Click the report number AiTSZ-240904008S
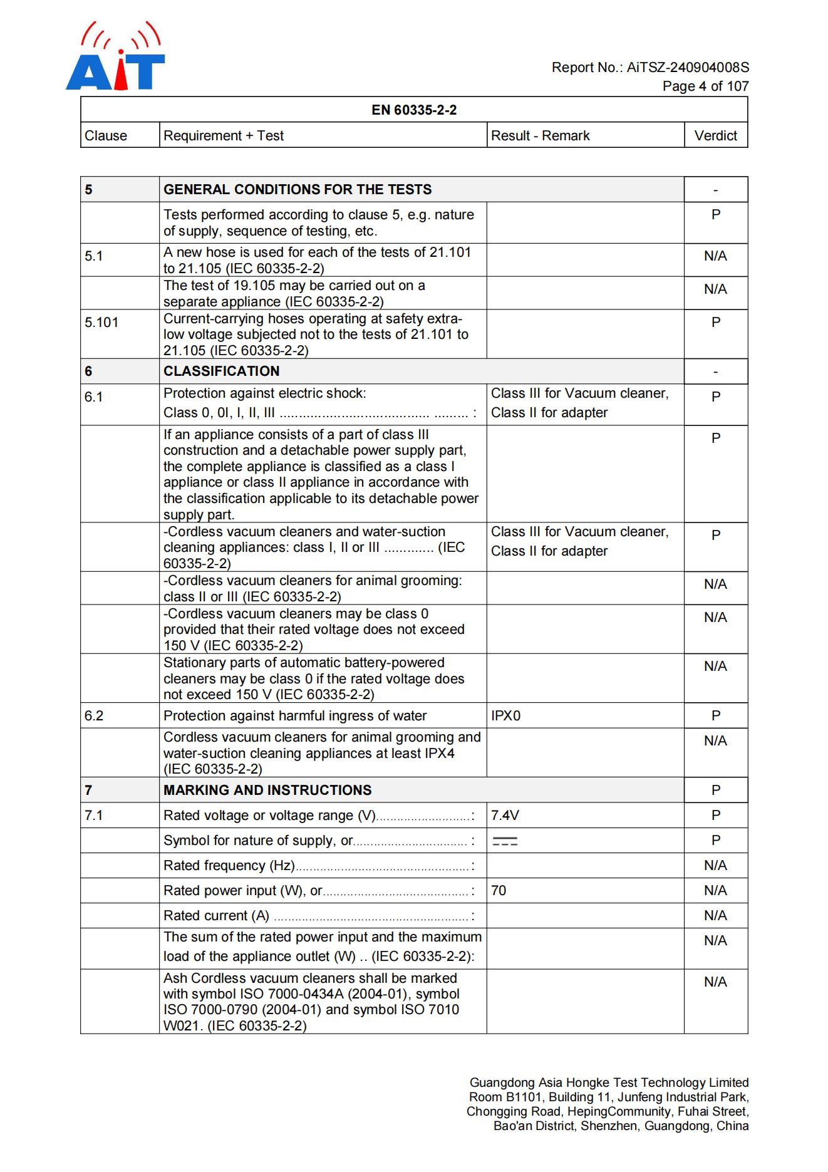pyautogui.click(x=687, y=68)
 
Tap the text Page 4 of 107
pyautogui.click(x=705, y=86)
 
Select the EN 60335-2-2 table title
pyautogui.click(x=414, y=110)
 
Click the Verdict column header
pyautogui.click(x=715, y=136)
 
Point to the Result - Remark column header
pyautogui.click(x=540, y=136)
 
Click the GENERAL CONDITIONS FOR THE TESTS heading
pyautogui.click(x=298, y=190)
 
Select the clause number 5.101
pyautogui.click(x=101, y=323)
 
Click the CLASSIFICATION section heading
pyautogui.click(x=222, y=371)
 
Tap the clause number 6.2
pyautogui.click(x=94, y=716)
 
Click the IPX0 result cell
pyautogui.click(x=505, y=716)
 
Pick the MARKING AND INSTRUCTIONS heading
pyautogui.click(x=267, y=791)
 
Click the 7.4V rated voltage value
pyautogui.click(x=505, y=816)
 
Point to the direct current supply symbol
pyautogui.click(x=505, y=841)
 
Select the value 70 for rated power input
pyautogui.click(x=499, y=891)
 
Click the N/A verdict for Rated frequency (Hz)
pyautogui.click(x=715, y=866)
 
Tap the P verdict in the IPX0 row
pyautogui.click(x=716, y=716)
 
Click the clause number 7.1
pyautogui.click(x=94, y=816)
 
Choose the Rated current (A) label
pyautogui.click(x=216, y=916)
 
